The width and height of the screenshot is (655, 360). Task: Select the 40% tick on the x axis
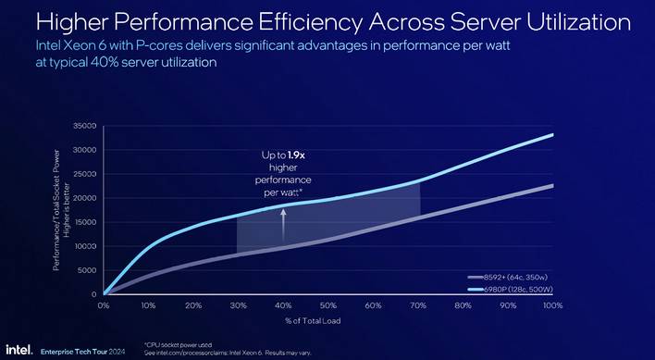click(284, 304)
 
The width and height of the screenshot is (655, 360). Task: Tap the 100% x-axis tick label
click(553, 304)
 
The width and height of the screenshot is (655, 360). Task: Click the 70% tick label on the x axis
click(418, 304)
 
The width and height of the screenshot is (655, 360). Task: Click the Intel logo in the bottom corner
click(16, 351)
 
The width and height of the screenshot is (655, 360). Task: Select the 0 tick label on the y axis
click(93, 294)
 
